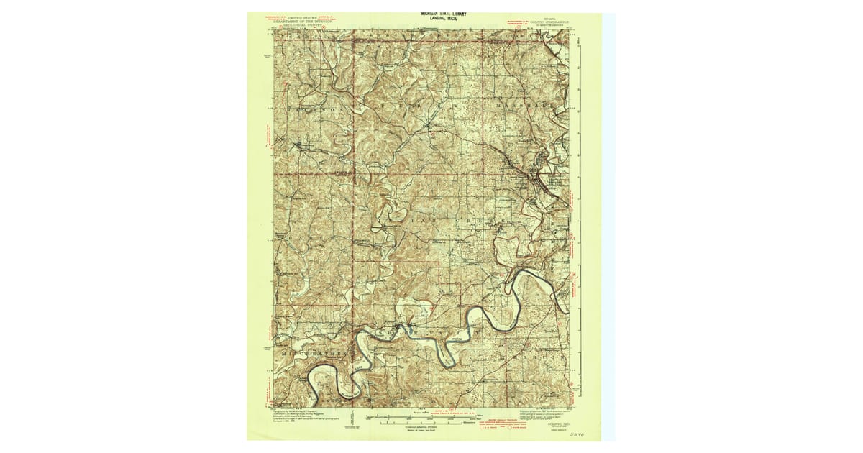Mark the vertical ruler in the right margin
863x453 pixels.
581,216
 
